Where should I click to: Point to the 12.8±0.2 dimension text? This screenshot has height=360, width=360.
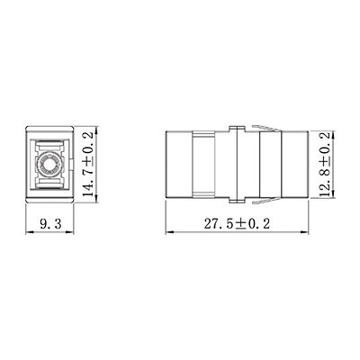click(x=332, y=166)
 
